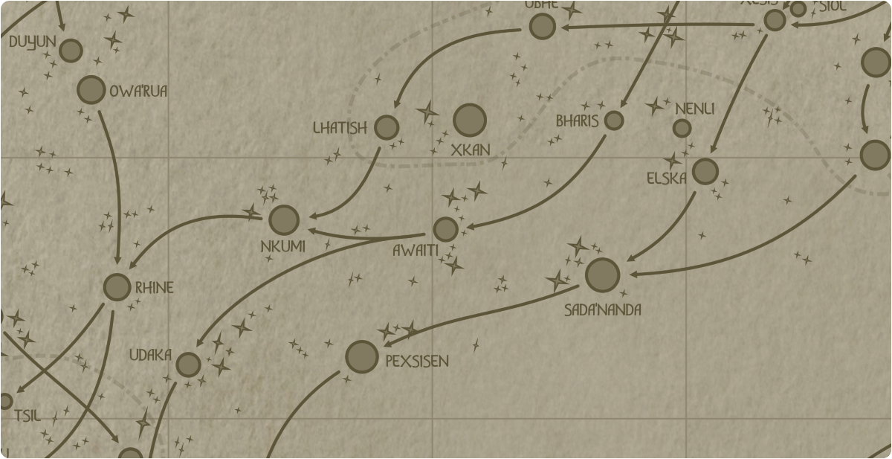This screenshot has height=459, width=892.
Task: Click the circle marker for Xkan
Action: [x=470, y=120]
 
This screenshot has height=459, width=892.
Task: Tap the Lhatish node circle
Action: [x=387, y=127]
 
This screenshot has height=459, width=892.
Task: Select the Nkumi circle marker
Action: [x=284, y=220]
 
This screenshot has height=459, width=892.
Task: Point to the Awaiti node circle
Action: [x=445, y=229]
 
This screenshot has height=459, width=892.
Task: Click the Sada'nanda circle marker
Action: [x=602, y=275]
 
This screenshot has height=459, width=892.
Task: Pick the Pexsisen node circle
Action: [x=362, y=357]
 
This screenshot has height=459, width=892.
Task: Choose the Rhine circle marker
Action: [x=117, y=287]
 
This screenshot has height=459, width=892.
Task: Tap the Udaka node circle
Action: [x=189, y=365]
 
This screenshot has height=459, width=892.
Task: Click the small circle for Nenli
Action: [x=682, y=129]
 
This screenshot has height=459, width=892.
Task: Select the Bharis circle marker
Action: [x=614, y=120]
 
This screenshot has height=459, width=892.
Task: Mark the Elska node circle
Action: [x=705, y=172]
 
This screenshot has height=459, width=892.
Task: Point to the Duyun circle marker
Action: [x=71, y=51]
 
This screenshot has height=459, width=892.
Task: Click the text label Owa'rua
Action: [x=138, y=92]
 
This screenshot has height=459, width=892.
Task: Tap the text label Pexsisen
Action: [x=417, y=362]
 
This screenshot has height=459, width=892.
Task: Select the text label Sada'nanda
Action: [x=603, y=309]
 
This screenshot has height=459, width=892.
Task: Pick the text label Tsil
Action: [x=27, y=415]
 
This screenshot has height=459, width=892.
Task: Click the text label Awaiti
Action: [x=415, y=251]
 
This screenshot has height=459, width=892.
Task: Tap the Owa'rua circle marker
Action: [x=91, y=90]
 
